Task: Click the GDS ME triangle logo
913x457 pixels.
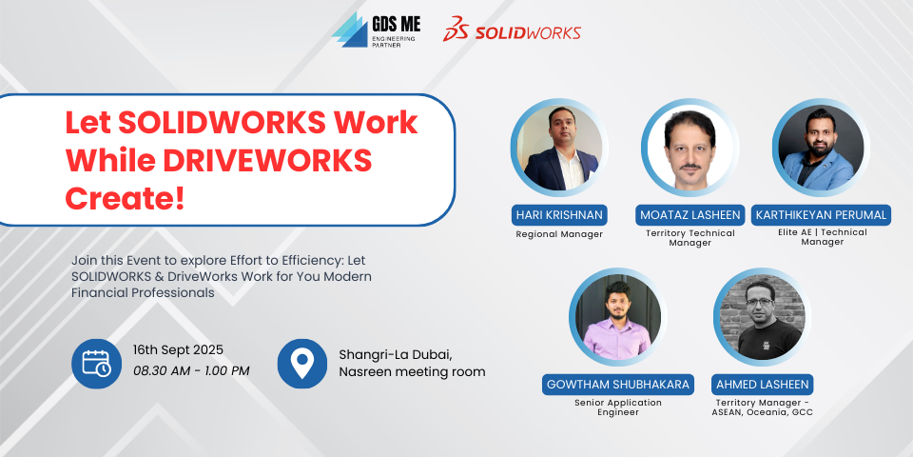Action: (350, 30)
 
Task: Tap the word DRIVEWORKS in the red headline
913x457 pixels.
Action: (268, 160)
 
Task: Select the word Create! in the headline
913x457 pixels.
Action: (125, 199)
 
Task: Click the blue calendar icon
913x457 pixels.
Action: (97, 364)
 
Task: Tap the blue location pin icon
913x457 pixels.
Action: (302, 364)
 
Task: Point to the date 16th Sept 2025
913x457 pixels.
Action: (178, 350)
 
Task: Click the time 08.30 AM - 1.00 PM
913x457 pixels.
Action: (191, 370)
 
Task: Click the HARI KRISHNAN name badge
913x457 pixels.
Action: (559, 215)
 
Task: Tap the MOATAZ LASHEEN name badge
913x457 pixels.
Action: (690, 215)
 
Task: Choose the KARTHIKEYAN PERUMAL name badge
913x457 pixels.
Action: (821, 215)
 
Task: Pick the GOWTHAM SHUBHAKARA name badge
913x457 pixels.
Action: (618, 385)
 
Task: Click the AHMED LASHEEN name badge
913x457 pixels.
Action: (762, 385)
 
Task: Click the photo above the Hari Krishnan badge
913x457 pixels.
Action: (559, 148)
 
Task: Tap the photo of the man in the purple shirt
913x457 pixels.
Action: (618, 317)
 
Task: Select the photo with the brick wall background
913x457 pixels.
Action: (762, 317)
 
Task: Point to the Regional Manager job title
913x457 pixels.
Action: (559, 234)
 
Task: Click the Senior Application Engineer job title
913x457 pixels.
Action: (618, 407)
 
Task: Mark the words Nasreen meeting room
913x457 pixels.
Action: (412, 372)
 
